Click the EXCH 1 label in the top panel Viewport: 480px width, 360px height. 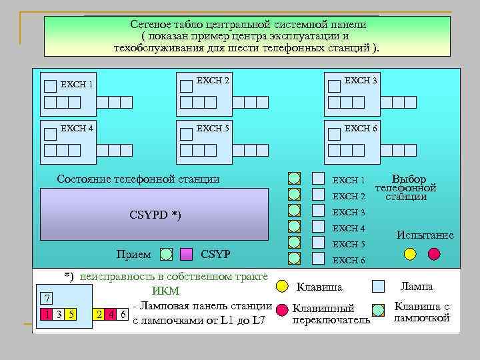coord(76,85)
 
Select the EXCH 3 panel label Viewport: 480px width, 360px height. coord(361,81)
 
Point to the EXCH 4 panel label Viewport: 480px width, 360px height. coord(76,127)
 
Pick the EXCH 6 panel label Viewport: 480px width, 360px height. coord(361,128)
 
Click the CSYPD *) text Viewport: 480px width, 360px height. coord(154,215)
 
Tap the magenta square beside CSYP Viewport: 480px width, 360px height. coord(187,254)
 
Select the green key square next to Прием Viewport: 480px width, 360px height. coord(167,254)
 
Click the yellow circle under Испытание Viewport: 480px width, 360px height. coord(410,253)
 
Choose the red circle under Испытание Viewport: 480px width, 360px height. coord(434,253)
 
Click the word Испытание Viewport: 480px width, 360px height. coord(425,235)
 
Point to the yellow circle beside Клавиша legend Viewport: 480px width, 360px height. coord(282,286)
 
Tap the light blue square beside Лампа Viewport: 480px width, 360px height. coord(378,286)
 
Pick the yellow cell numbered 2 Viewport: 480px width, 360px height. coord(99,314)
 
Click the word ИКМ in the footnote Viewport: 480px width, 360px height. coord(166,291)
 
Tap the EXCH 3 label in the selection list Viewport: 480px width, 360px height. coord(349,213)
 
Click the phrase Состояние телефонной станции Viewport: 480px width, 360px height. coord(138,179)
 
